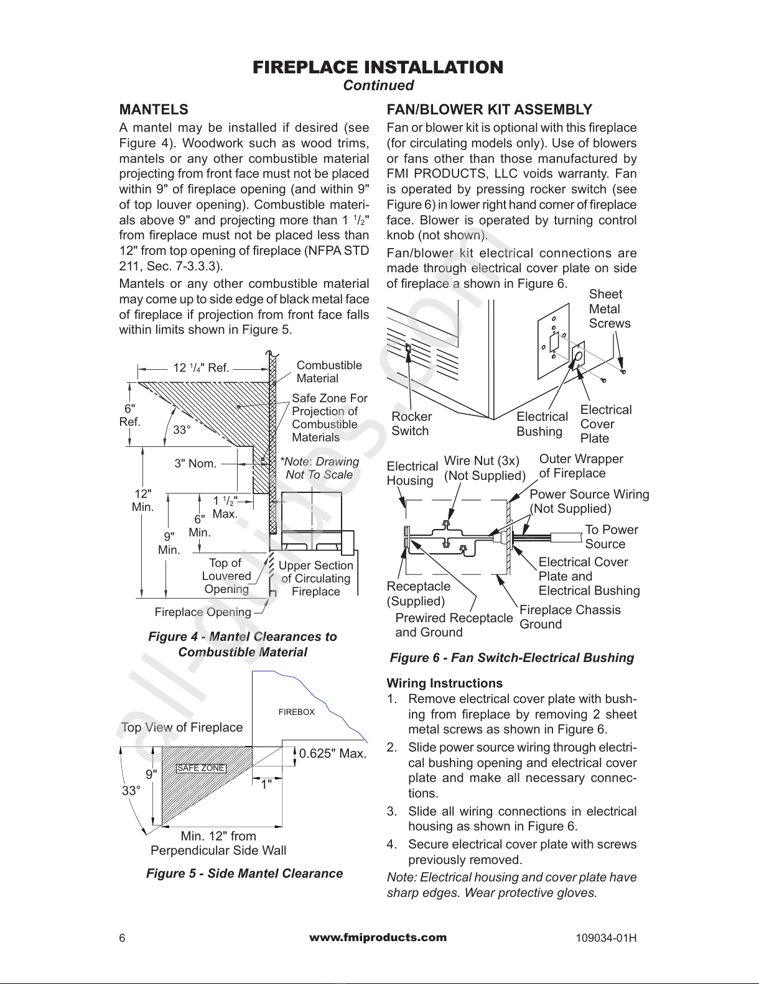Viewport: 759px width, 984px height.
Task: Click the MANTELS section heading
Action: coord(153,110)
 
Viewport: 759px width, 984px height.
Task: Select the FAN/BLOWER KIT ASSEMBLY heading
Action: coord(490,110)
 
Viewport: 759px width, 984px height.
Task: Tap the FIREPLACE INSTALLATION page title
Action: coord(378,67)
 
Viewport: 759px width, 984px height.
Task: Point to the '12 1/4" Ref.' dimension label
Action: coord(201,368)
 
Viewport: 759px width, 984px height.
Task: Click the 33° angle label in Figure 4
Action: coord(182,430)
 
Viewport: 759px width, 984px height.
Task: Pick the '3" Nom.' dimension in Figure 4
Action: coord(195,463)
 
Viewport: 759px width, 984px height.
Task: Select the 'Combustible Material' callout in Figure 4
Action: coord(328,372)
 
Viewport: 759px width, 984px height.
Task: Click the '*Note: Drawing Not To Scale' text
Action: coord(320,468)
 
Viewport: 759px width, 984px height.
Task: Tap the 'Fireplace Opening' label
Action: coord(203,612)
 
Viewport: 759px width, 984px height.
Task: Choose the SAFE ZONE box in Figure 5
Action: coord(201,768)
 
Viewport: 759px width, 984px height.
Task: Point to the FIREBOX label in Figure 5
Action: coord(296,712)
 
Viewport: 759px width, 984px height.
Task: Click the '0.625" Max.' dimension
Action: coord(333,753)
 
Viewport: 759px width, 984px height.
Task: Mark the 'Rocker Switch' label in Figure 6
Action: coord(411,423)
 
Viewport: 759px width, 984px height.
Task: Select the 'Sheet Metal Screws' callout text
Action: coord(609,309)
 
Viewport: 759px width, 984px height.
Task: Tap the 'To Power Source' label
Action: coord(611,536)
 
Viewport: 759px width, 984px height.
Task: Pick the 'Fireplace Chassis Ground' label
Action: coord(569,617)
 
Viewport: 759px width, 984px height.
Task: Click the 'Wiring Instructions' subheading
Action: coord(444,683)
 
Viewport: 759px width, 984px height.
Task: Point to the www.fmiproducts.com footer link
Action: coord(378,937)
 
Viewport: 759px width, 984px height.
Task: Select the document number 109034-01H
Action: coord(607,938)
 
